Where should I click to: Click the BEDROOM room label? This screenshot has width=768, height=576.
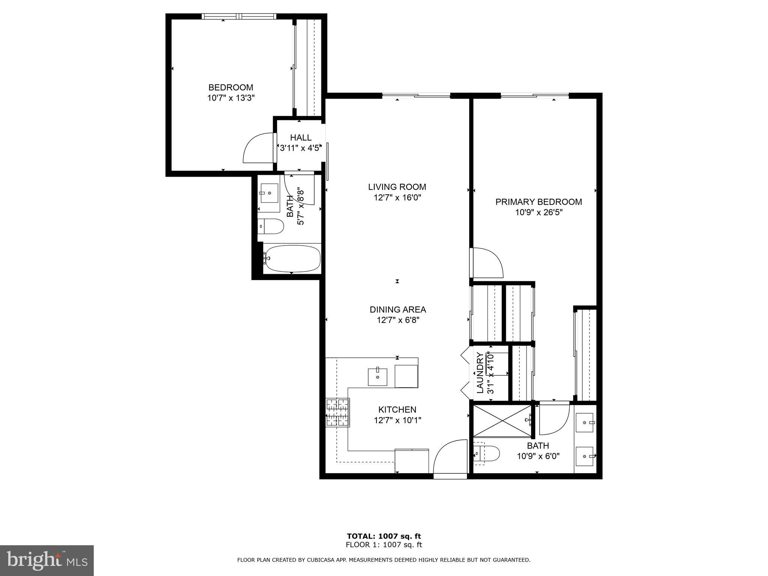[x=231, y=87]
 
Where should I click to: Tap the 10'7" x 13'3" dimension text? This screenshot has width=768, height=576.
[x=231, y=98]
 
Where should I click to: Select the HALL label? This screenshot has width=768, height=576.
[x=301, y=138]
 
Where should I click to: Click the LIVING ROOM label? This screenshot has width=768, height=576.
[x=397, y=187]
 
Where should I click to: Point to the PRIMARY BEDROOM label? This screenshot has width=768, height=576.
[x=538, y=202]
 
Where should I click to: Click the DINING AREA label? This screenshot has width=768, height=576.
[x=398, y=309]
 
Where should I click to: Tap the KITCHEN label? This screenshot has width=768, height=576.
[x=397, y=409]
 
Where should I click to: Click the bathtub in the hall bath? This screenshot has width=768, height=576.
[x=292, y=258]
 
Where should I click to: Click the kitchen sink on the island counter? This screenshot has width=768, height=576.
[x=377, y=377]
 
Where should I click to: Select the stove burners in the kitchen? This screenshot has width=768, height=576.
[x=337, y=412]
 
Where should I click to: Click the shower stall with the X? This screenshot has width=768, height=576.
[x=502, y=421]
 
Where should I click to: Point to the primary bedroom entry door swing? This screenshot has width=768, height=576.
[x=487, y=262]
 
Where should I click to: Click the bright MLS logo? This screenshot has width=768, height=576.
[x=46, y=560]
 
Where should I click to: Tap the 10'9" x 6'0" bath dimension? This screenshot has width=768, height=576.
[x=538, y=456]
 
